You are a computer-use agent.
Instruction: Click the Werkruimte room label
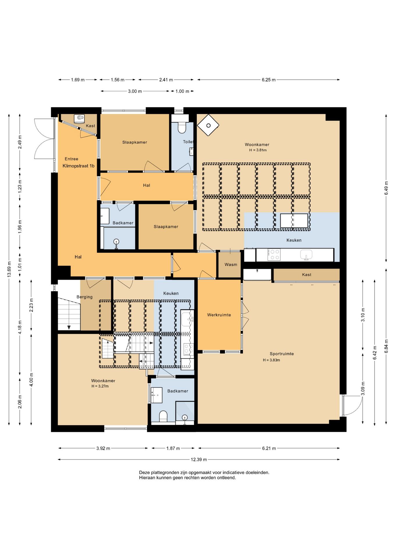(x=219, y=315)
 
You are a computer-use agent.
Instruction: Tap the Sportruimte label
(x=282, y=354)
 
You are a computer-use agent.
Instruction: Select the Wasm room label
(x=231, y=264)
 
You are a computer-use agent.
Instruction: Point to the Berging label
(x=84, y=297)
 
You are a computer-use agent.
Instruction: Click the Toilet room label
(x=188, y=142)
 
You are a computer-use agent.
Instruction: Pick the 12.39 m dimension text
(x=199, y=459)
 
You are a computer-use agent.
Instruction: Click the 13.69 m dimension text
(x=9, y=269)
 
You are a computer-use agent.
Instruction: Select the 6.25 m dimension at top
(x=268, y=80)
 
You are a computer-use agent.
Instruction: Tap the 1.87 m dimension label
(x=173, y=448)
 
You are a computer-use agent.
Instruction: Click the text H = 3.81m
(x=258, y=150)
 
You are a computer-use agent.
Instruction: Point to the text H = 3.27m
(x=100, y=386)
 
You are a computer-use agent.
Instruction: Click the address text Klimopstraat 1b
(x=79, y=166)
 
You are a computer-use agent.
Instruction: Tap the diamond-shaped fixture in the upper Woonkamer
(x=208, y=125)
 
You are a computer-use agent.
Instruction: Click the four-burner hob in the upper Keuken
(x=274, y=255)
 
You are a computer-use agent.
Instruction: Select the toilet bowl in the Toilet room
(x=182, y=128)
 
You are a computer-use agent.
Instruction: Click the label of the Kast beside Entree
(x=90, y=126)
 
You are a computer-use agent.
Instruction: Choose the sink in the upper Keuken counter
(x=306, y=255)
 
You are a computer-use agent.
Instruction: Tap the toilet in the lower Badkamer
(x=163, y=416)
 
